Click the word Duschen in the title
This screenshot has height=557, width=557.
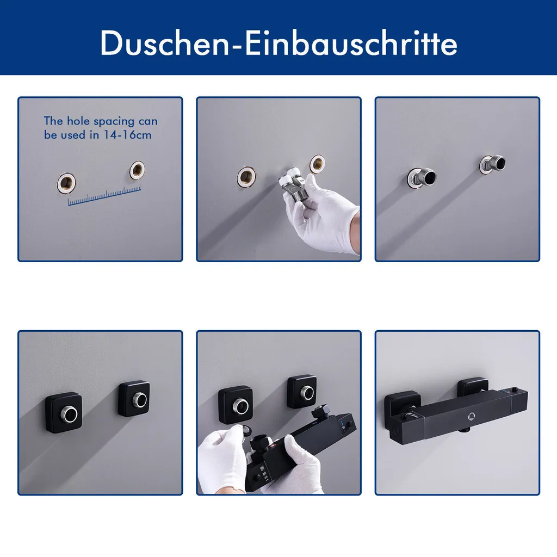click(164, 42)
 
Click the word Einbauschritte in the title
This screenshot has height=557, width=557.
click(351, 42)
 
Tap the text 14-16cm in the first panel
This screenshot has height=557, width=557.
click(127, 135)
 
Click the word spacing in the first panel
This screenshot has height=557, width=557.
click(114, 121)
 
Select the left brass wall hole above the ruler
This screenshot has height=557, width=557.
click(66, 183)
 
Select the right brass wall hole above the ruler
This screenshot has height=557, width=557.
click(137, 170)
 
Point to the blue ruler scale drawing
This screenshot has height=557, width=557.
click(104, 195)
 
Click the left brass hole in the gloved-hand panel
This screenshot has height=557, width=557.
click(246, 177)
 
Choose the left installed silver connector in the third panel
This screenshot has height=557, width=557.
click(422, 177)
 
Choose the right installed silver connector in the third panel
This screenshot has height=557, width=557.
click(492, 164)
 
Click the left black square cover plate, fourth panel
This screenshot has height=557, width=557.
click(64, 412)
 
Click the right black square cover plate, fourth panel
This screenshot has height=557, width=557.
click(134, 399)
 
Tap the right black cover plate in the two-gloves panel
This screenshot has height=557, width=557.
click(302, 392)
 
